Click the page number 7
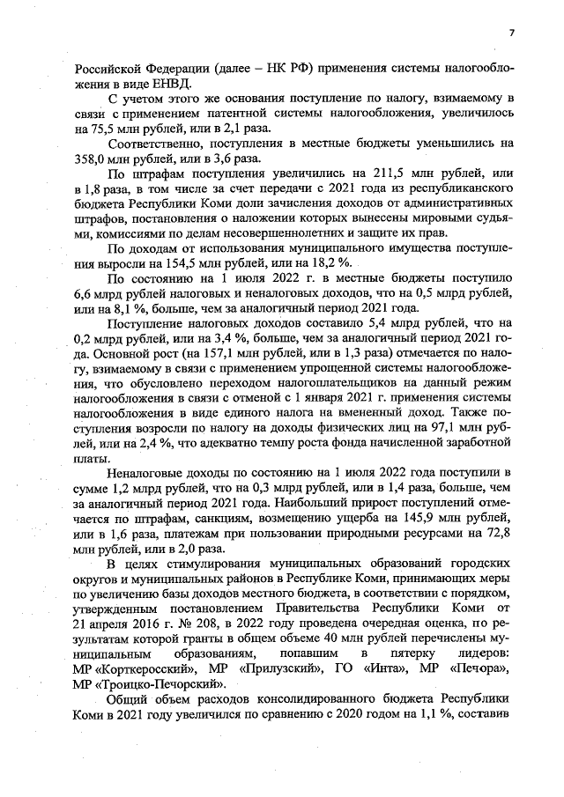(510, 33)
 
